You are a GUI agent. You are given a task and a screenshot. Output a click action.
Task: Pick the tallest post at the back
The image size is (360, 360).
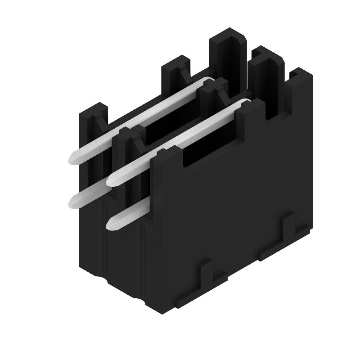coord(229,49)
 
